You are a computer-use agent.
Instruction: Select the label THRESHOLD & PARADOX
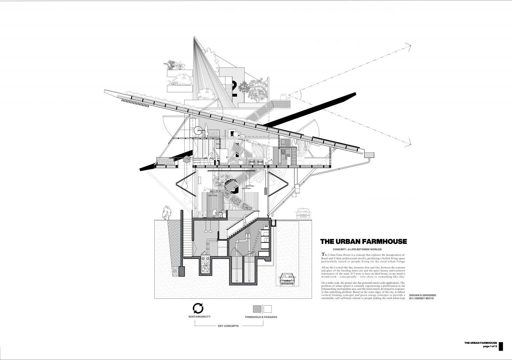[x=261, y=317]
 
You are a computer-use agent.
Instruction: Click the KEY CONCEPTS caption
[x=228, y=326]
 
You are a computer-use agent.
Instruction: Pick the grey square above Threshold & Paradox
[x=257, y=308]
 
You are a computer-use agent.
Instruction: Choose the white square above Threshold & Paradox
[x=268, y=308]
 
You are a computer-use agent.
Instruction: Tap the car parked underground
[x=287, y=279]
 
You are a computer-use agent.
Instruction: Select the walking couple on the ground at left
[x=167, y=212]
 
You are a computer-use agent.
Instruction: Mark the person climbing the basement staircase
[x=245, y=219]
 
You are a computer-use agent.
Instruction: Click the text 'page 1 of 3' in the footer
[x=490, y=347]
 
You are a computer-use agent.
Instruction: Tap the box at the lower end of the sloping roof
[x=369, y=154]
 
